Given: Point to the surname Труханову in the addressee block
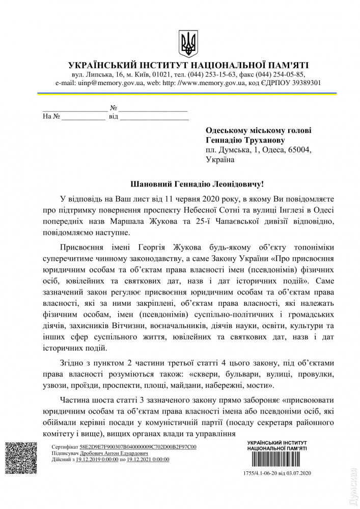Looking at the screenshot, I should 264,140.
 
